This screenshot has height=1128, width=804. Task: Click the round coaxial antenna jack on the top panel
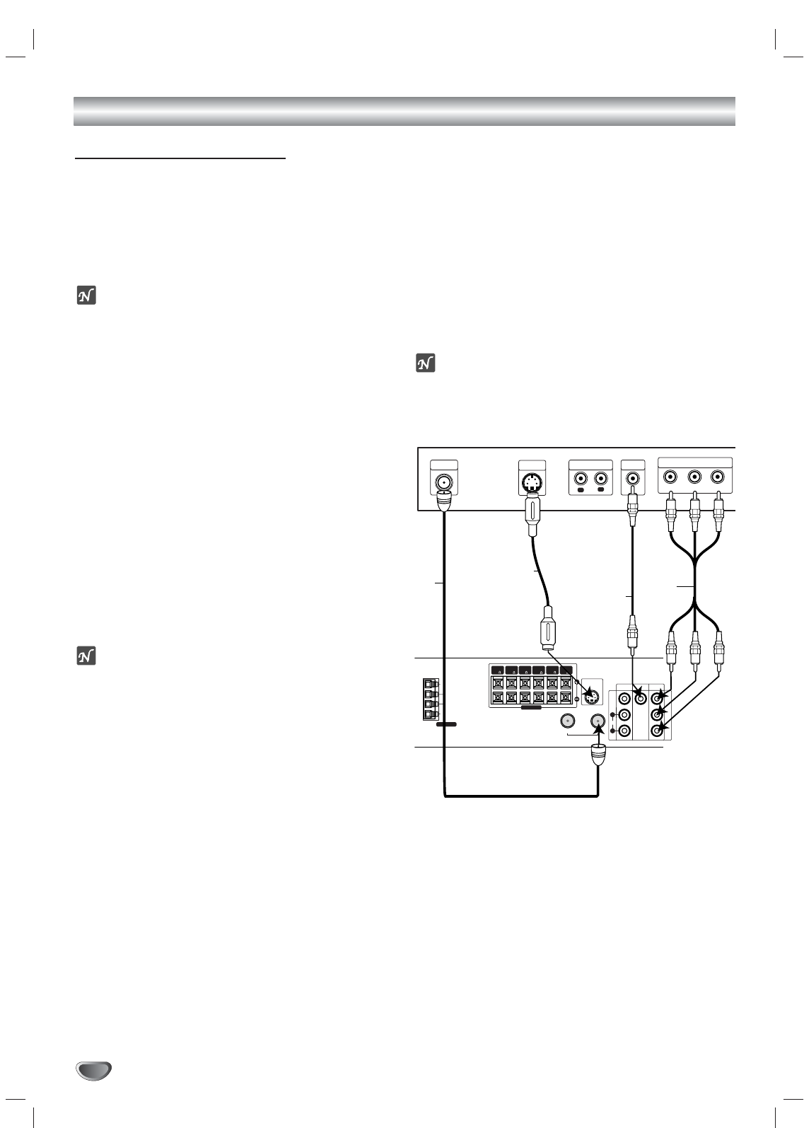coord(443,483)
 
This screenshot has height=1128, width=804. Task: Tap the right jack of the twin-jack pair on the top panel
coord(602,477)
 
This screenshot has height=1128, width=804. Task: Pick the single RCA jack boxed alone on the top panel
coord(632,478)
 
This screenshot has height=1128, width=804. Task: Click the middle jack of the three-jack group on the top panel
coord(694,477)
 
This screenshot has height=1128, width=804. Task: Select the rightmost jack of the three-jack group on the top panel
coord(718,477)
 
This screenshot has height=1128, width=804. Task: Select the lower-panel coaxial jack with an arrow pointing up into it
coord(598,721)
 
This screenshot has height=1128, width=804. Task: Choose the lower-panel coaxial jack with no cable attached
coord(568,721)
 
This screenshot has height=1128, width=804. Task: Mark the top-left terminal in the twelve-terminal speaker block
coord(498,683)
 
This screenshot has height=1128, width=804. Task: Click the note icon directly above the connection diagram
coord(426,364)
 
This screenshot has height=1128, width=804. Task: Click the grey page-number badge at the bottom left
coord(94,1070)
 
